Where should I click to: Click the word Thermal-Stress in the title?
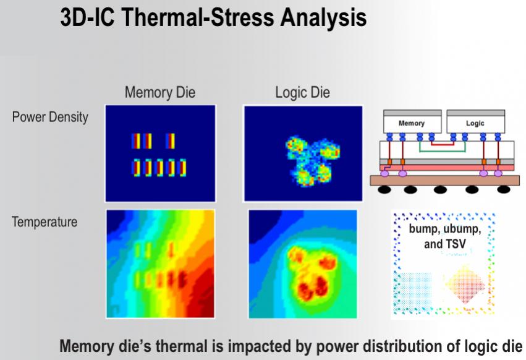(x=197, y=17)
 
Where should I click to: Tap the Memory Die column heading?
(x=160, y=92)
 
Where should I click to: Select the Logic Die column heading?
(x=303, y=93)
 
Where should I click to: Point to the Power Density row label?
(x=50, y=117)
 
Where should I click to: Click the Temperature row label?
(x=45, y=222)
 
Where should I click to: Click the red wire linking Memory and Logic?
(x=443, y=144)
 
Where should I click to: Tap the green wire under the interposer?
(x=442, y=151)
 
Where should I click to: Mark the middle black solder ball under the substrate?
(x=440, y=190)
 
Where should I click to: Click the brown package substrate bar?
(x=445, y=181)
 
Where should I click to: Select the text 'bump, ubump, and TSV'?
(x=445, y=236)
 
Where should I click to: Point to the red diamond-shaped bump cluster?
(x=465, y=285)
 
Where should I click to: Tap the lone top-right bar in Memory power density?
(x=171, y=141)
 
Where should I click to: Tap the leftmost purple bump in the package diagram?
(x=384, y=173)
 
